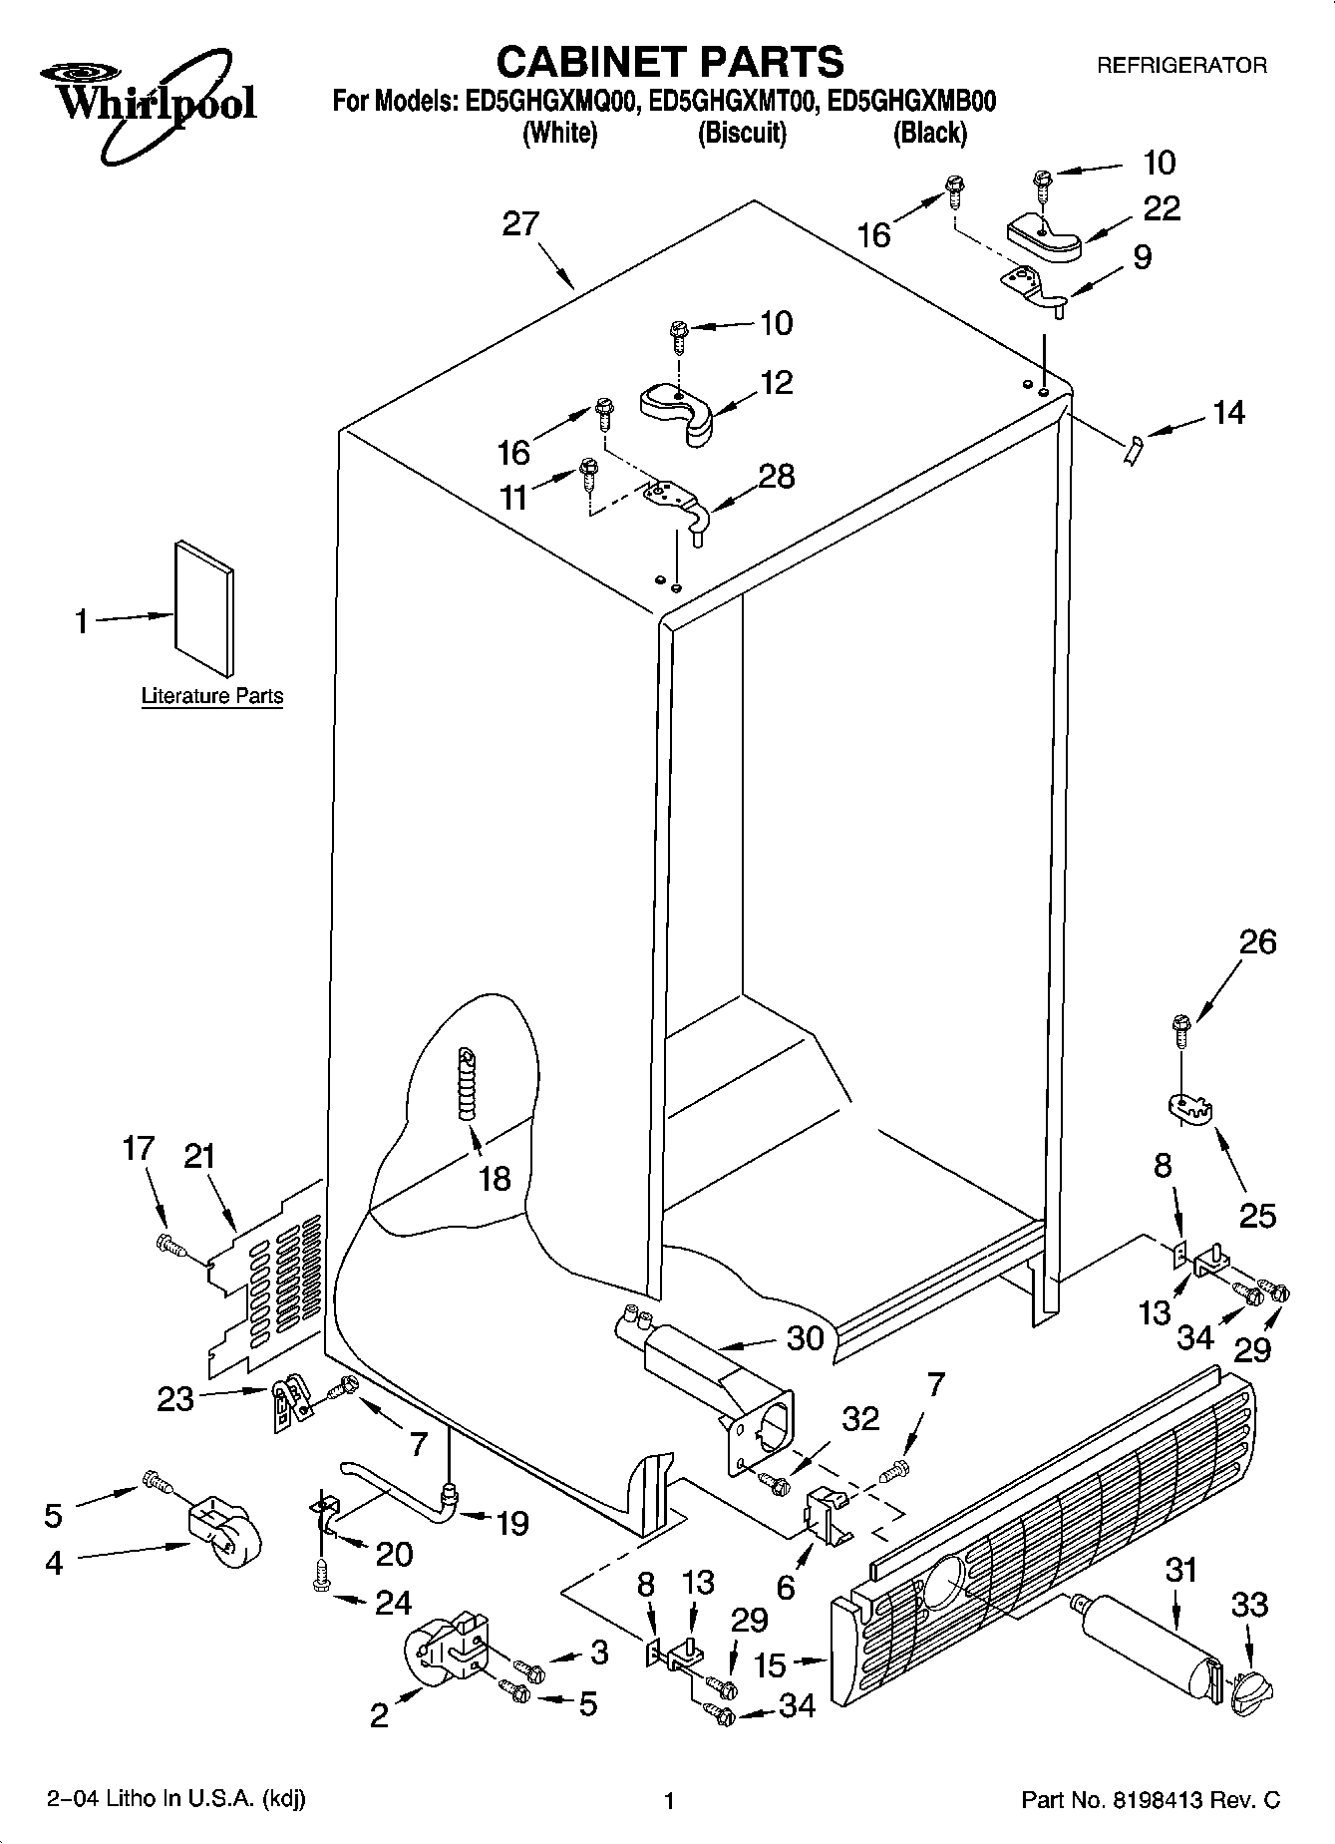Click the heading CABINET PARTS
click(x=669, y=62)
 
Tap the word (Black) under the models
click(x=929, y=133)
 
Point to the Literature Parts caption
click(x=212, y=696)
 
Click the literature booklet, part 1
click(x=205, y=608)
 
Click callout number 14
click(x=1228, y=412)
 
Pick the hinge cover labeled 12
click(x=678, y=410)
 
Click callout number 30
click(x=805, y=1336)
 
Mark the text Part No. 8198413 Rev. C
click(x=1151, y=1799)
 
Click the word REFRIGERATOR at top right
click(x=1181, y=66)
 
